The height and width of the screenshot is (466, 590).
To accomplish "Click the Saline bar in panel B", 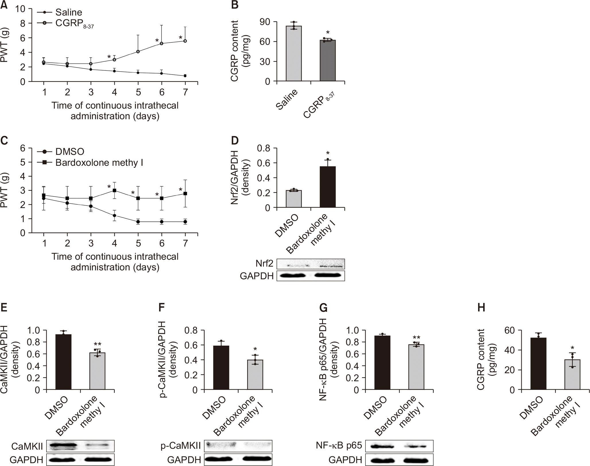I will click(293, 53).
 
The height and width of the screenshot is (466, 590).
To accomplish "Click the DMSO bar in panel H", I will click(538, 363).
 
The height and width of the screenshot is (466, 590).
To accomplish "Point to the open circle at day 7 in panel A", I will click(185, 41).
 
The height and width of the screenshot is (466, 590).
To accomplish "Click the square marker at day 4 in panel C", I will click(115, 190).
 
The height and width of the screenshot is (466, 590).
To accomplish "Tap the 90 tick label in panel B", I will click(265, 22).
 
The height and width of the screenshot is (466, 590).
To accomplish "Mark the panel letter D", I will click(235, 141).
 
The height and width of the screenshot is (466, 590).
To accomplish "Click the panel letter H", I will click(481, 308).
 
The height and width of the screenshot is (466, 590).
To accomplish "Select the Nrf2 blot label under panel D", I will click(264, 263).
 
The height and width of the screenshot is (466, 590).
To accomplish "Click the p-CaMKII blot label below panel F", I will click(180, 446).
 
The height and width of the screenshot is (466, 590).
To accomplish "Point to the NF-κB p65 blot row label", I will click(339, 446).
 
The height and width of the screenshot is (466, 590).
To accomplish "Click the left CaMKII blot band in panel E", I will click(63, 446).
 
